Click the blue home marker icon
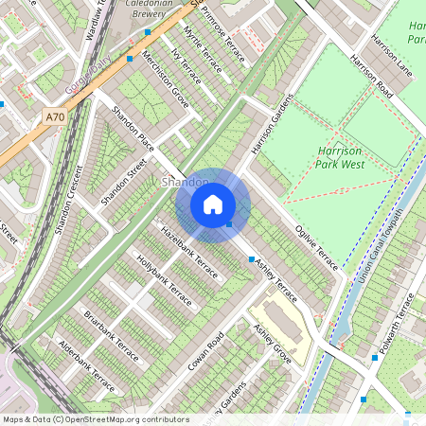[x=213, y=204]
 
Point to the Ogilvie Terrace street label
[x=314, y=246]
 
